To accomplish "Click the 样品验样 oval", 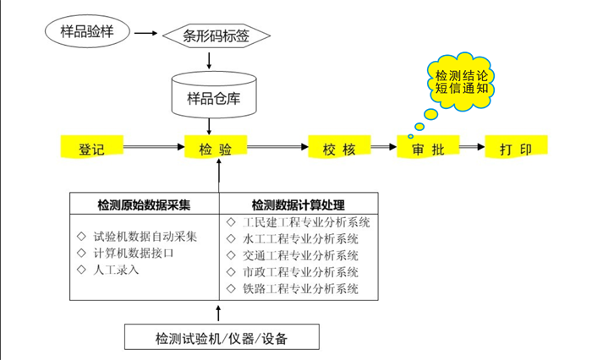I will tap(87, 31).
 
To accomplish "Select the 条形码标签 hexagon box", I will tap(216, 35).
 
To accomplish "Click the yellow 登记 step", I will tap(91, 150).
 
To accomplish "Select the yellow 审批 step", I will tap(424, 150).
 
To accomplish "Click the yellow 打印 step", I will tap(516, 150).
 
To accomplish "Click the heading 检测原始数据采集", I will tap(144, 205).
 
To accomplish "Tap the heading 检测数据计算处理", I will tap(298, 205).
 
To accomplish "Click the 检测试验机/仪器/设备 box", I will tap(222, 338).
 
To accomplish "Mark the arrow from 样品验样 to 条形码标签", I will tap(146, 34).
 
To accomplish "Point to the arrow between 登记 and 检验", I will tap(153, 150).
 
